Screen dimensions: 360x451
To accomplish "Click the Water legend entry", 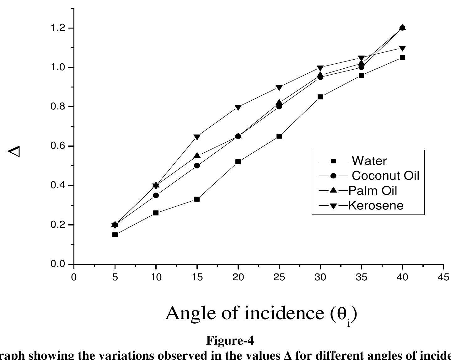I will pos(369,161).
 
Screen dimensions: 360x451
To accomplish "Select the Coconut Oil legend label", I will pos(385,176).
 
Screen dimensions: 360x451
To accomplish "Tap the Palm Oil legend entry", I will pos(373,190).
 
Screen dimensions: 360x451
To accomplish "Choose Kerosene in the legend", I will pos(376,205).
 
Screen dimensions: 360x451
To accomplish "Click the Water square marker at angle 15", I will pos(197,199).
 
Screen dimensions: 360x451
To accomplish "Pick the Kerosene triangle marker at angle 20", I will pos(238,108).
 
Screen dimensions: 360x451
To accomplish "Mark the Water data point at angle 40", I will pos(402,57).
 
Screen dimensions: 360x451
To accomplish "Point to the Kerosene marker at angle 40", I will pos(402,48).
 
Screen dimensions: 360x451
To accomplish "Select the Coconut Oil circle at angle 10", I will pos(156,195).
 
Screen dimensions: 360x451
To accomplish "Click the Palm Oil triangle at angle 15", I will pos(197,156).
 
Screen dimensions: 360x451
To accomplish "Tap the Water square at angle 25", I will pos(279,136).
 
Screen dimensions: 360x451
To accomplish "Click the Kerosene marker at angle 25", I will pos(279,87).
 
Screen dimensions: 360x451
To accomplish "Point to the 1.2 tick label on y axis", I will pos(57,28).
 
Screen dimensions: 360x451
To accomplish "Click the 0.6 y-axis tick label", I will pos(57,146).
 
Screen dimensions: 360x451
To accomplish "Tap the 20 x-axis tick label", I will pos(238,277).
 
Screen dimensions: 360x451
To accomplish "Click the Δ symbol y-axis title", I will pos(14,151).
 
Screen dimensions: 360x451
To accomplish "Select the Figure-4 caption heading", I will pos(230,340).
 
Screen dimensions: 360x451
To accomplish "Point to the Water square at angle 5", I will pos(115,235).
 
